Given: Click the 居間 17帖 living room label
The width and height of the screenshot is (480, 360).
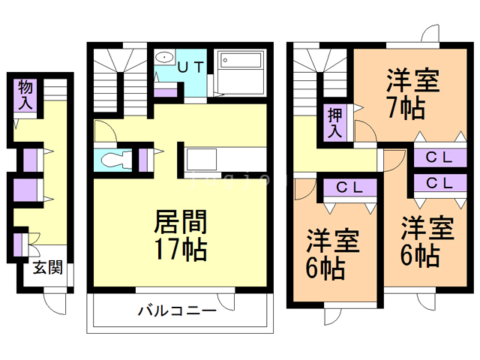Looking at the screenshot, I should click(180, 235).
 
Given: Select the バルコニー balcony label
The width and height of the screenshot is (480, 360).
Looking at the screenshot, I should click(177, 310).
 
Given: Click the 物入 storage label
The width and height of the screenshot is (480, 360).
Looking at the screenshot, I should click(25, 95).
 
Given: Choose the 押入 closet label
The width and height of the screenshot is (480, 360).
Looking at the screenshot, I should click(334, 122).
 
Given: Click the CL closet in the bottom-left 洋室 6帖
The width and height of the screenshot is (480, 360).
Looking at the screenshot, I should click(349, 187).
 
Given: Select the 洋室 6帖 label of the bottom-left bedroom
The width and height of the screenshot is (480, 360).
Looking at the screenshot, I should click(334, 253).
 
